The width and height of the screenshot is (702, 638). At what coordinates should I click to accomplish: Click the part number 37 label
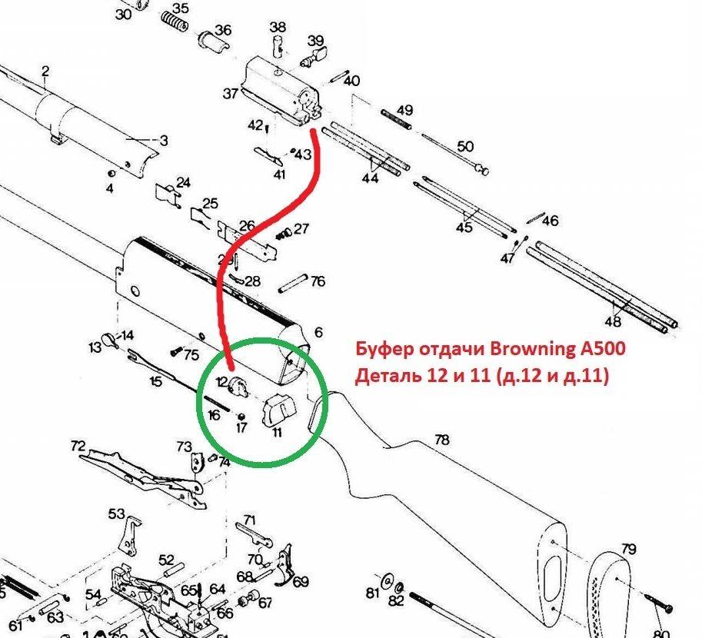(230, 94)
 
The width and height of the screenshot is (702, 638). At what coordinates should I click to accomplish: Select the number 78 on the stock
(441, 440)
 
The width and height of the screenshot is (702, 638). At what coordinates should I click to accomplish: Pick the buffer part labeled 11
(279, 410)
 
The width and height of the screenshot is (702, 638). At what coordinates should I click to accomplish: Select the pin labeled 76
(293, 284)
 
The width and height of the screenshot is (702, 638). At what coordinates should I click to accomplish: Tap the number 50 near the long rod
(465, 146)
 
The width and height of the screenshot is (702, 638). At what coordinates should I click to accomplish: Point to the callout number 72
(78, 446)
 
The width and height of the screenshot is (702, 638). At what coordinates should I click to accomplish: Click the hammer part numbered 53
(130, 536)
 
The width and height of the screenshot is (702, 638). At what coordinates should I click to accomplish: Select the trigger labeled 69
(284, 565)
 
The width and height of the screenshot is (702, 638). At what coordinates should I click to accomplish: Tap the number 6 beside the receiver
(318, 332)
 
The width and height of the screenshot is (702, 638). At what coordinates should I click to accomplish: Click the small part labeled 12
(238, 387)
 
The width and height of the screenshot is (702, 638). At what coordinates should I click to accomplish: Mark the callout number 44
(371, 178)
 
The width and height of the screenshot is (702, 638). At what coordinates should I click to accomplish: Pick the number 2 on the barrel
(45, 71)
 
